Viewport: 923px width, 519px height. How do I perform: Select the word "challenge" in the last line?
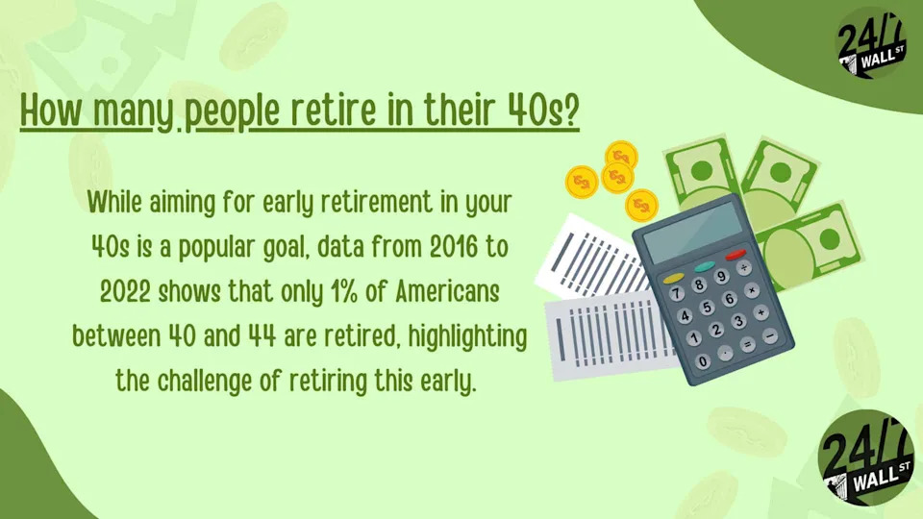[212, 383]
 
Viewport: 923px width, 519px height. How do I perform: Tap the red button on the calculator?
[737, 256]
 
